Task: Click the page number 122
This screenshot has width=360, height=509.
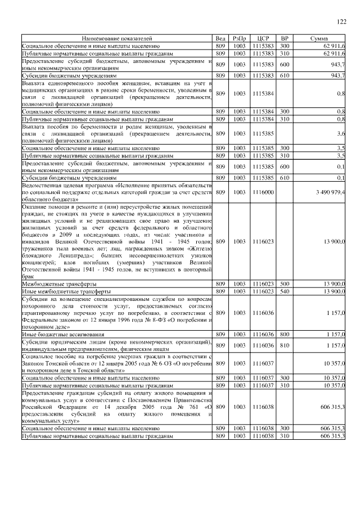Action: pos(341,22)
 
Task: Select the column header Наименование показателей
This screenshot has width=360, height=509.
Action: pos(117,38)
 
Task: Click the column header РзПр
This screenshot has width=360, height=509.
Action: pos(240,38)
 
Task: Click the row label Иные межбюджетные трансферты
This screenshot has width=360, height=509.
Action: pos(57,291)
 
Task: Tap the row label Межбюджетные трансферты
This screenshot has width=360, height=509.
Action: pos(51,284)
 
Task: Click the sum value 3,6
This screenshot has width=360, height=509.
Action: pos(341,134)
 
